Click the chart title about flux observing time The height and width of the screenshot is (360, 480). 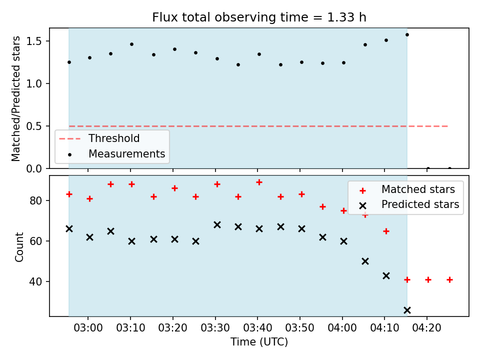click(259, 17)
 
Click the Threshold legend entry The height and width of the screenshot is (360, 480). click(99, 138)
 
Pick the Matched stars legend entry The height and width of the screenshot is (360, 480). click(407, 189)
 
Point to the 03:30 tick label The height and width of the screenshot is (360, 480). click(215, 328)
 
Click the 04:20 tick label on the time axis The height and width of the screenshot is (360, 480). click(426, 328)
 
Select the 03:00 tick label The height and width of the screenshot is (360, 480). click(88, 328)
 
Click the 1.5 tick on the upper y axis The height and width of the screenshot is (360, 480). click(34, 41)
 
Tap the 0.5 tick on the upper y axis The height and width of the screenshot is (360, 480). click(34, 126)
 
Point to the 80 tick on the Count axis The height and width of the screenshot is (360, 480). click(35, 201)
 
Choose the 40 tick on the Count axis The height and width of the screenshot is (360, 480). click(35, 281)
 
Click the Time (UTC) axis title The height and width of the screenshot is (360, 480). click(259, 341)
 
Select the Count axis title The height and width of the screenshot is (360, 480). click(19, 247)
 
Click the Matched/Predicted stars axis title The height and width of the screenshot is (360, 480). click(15, 98)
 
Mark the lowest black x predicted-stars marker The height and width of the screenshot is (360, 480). click(407, 310)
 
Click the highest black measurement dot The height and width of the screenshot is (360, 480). click(407, 35)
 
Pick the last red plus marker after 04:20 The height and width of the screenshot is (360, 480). click(449, 279)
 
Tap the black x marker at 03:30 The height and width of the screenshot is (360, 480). click(217, 225)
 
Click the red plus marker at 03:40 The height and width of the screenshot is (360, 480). click(259, 182)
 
